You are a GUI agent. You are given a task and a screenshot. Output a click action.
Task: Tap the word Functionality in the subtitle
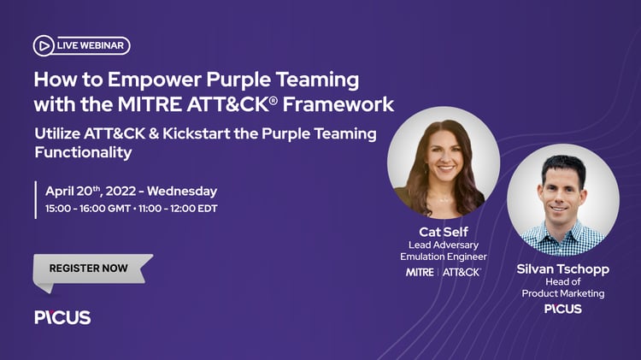click(x=83, y=152)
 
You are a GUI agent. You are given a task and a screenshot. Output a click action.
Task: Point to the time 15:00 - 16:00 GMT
click(x=86, y=208)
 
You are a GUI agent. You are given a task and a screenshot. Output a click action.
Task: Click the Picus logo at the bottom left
click(x=62, y=317)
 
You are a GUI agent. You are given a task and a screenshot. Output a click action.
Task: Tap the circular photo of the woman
click(x=443, y=162)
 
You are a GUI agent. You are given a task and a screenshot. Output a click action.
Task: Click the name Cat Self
click(x=443, y=232)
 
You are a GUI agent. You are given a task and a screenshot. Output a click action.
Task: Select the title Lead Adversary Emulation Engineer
click(x=443, y=251)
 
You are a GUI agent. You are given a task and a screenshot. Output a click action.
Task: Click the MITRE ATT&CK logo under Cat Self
click(x=443, y=272)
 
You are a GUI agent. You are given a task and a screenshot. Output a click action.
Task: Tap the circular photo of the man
click(x=562, y=199)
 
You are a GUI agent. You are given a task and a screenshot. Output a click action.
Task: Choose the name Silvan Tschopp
click(x=562, y=269)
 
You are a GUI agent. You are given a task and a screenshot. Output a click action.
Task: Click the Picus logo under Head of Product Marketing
click(x=562, y=309)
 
